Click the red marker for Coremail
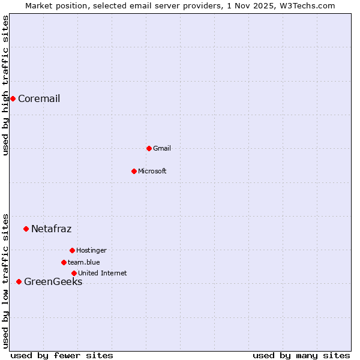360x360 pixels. tap(13, 98)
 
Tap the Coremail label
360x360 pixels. tap(39, 99)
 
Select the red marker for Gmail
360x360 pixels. tap(149, 148)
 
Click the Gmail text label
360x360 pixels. tap(162, 149)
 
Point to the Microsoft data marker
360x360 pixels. tap(134, 171)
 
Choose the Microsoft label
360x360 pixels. tap(152, 172)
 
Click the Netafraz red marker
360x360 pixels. tap(26, 229)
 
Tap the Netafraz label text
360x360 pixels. tap(51, 229)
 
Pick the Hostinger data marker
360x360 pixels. tap(72, 250)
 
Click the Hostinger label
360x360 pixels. tap(91, 251)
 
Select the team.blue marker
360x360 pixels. tap(64, 262)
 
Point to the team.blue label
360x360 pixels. tap(84, 263)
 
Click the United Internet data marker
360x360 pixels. tap(74, 273)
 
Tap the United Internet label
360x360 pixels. tap(103, 274)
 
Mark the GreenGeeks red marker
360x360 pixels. tap(19, 281)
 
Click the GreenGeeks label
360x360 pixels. tap(53, 282)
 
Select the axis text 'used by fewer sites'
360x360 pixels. tap(62, 355)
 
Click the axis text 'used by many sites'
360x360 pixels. tap(301, 355)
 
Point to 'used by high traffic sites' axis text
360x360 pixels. tap(6, 86)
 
